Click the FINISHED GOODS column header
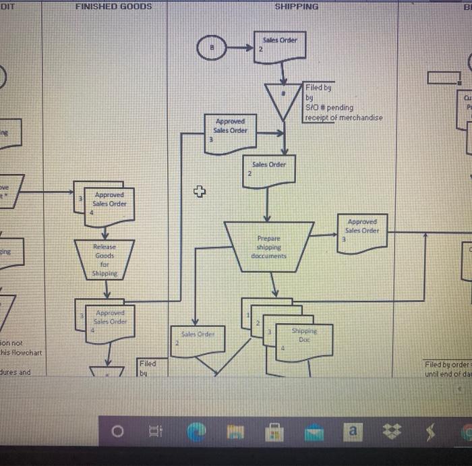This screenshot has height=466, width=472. (113, 6)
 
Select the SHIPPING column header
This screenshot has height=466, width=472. (297, 6)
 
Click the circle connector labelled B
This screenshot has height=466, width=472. (212, 49)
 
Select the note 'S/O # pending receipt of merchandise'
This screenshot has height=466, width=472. (343, 103)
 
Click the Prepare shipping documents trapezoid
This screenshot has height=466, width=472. (268, 247)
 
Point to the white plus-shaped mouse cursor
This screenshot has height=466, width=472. (198, 192)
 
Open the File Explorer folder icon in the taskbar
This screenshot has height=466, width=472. (237, 430)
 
